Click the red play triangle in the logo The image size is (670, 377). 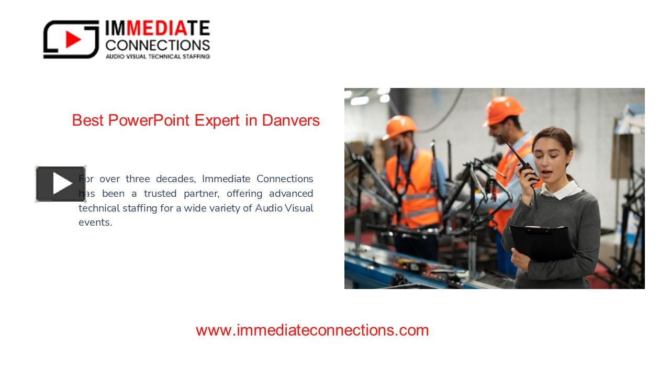(73, 40)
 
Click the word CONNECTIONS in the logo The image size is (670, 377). (158, 45)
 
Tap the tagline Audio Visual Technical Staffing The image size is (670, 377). (158, 56)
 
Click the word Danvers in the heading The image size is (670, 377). (291, 120)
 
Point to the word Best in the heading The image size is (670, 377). (88, 120)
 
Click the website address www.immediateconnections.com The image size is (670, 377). (312, 330)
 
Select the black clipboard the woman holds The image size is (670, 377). (541, 243)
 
